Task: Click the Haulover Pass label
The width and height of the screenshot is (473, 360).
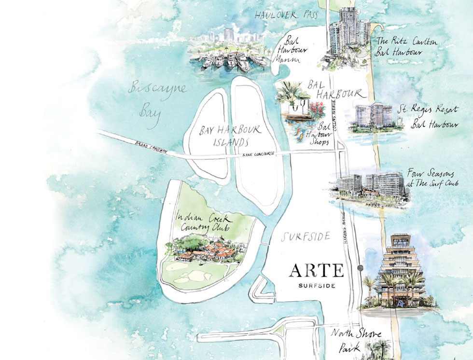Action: point(286,15)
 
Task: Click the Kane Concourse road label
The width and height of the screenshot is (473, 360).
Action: point(260,153)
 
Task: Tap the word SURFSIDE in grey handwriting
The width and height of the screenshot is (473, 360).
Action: point(306,236)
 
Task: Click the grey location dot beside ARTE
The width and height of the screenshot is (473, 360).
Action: point(359,268)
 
